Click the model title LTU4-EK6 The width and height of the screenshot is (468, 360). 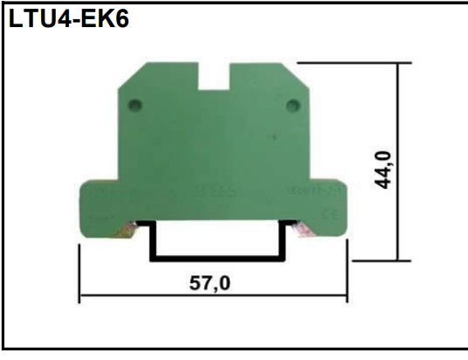coord(68,19)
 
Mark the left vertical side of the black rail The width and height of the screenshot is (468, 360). coord(151,242)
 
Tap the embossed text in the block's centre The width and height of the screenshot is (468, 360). coord(213,187)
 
